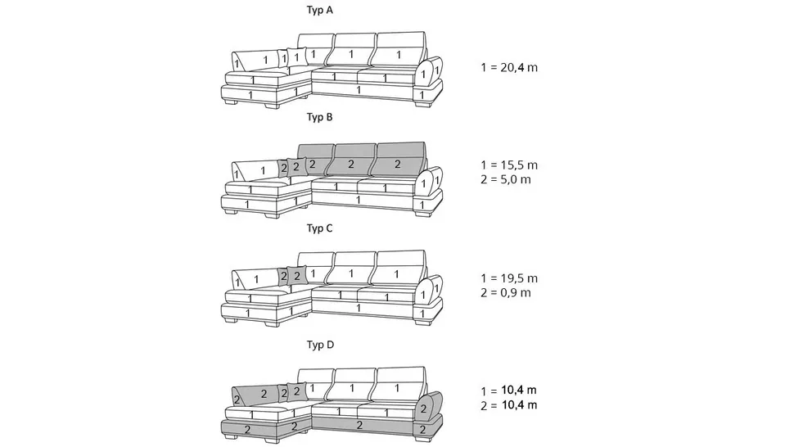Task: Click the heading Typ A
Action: [x=319, y=10]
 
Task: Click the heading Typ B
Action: [x=319, y=117]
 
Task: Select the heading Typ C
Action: [x=319, y=228]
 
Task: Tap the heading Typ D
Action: [x=320, y=345]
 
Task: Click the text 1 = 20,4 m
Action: [x=509, y=67]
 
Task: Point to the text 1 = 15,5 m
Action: [x=509, y=165]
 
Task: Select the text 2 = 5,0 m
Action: [x=506, y=179]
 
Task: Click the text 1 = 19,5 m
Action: [x=509, y=278]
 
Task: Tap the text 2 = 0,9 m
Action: [x=506, y=292]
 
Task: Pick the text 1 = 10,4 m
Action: [x=509, y=391]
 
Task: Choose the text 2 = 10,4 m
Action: [x=509, y=405]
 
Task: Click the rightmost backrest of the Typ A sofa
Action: [x=398, y=51]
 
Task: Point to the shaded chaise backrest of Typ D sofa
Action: [x=255, y=394]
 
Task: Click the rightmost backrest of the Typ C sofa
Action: [x=398, y=271]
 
